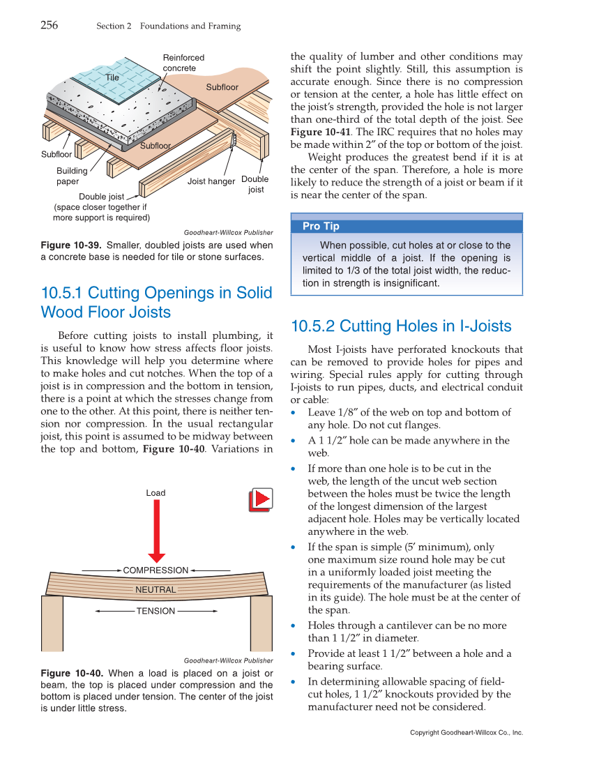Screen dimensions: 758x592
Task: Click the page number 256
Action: point(49,26)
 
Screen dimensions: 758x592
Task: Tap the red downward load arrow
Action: point(157,530)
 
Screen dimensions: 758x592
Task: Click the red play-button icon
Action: point(260,500)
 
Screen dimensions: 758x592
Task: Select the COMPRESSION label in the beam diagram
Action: point(155,570)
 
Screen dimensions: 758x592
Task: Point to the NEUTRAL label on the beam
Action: point(155,590)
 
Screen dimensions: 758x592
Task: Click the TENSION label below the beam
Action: point(155,612)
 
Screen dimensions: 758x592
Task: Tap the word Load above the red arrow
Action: point(155,493)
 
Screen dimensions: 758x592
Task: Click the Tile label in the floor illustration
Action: point(112,77)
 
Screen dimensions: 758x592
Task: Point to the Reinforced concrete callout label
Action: point(183,63)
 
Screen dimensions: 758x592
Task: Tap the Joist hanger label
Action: point(211,182)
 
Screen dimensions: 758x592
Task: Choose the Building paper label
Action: point(73,176)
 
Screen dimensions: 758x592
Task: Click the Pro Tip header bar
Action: point(406,226)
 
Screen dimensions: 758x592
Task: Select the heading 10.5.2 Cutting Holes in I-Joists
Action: point(401,326)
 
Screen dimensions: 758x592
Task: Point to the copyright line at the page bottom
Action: point(466,733)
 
